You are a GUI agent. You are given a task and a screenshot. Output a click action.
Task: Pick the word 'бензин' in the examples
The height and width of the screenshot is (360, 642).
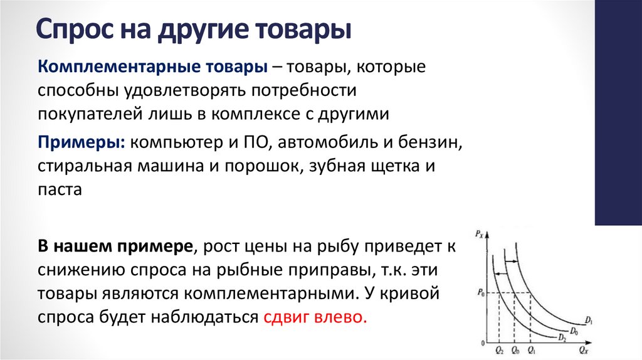434,142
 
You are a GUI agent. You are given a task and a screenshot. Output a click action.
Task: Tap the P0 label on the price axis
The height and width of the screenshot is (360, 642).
480,292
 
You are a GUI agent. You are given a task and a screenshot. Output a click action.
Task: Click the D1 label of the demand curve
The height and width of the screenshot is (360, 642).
588,321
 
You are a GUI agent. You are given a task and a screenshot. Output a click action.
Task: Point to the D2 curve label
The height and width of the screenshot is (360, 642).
562,337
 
